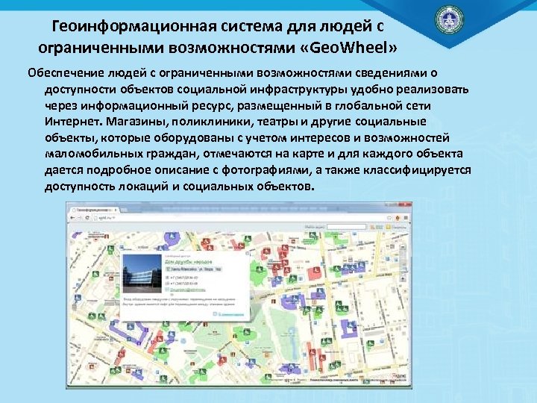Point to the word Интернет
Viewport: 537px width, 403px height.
(72, 121)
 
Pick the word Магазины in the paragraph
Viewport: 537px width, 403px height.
(136, 121)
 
